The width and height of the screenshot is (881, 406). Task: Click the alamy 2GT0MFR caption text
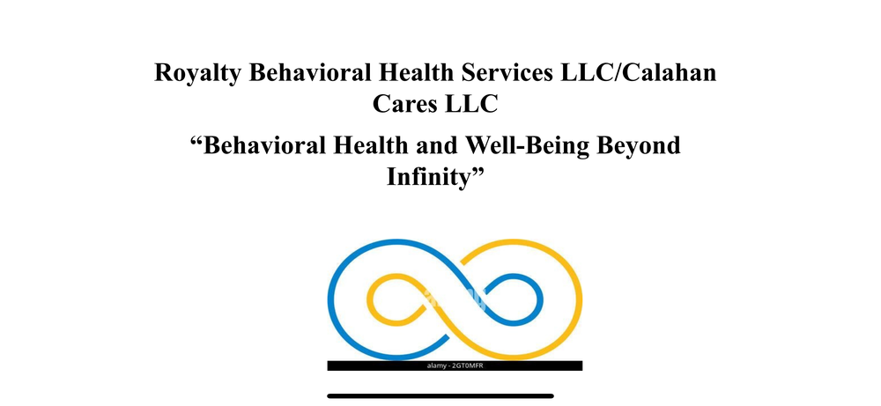[x=455, y=365]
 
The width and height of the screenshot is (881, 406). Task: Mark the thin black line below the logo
[x=440, y=395]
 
